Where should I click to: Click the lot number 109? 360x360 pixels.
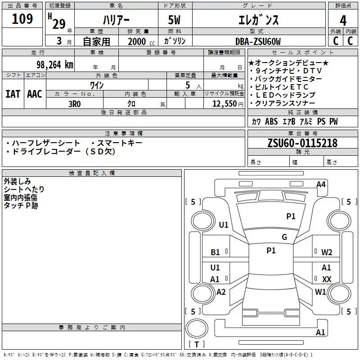coord(22,19)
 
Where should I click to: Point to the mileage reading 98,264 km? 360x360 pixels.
coord(55,64)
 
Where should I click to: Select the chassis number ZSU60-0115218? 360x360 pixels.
coord(302,143)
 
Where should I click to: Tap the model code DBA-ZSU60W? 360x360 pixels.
coord(258,41)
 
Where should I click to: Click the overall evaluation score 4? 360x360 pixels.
coord(343,20)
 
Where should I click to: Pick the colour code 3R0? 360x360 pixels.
coord(74,103)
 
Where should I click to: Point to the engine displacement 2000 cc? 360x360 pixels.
coord(141,41)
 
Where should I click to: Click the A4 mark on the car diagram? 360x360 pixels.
coord(321,184)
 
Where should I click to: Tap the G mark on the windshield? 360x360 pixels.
coord(284,237)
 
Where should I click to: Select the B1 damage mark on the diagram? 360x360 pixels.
coord(216,252)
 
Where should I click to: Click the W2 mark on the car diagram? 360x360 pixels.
coord(327,252)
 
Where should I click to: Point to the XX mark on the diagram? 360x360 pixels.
coord(327,279)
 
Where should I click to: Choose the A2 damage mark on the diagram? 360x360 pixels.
coord(221,292)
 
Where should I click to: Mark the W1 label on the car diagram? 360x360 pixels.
coord(320,292)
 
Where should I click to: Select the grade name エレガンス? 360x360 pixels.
coord(258,20)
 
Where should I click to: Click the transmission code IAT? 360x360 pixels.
coord(13,94)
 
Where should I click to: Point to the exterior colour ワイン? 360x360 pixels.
coord(97,85)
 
